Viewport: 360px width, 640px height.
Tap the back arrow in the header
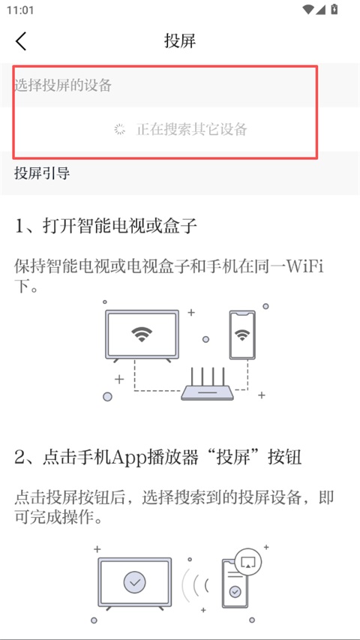[x=21, y=41]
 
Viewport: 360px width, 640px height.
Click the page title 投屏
[x=180, y=41]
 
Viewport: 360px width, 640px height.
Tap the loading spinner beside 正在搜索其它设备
[x=119, y=129]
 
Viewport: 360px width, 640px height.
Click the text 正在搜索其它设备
[x=192, y=129]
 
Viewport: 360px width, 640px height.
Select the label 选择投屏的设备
[x=63, y=86]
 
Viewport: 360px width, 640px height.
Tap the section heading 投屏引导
[x=42, y=173]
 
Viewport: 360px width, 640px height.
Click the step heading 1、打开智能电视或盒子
[x=106, y=226]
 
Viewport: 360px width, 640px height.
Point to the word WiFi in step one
[x=306, y=268]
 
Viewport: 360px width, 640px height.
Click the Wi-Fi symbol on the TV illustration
[x=142, y=335]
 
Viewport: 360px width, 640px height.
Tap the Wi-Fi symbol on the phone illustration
[x=242, y=335]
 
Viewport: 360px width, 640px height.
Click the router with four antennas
[x=208, y=383]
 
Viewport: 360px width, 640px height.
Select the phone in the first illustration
[x=242, y=335]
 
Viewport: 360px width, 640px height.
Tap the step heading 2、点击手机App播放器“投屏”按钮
[x=158, y=458]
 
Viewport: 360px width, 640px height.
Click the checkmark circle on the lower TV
[x=135, y=582]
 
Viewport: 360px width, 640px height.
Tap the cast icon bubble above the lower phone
[x=247, y=562]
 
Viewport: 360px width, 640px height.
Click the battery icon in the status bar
[x=334, y=9]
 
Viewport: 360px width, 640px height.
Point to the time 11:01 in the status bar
[x=20, y=10]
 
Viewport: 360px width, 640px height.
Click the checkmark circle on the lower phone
[x=235, y=591]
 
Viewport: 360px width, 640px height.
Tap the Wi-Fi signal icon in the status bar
[x=308, y=9]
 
